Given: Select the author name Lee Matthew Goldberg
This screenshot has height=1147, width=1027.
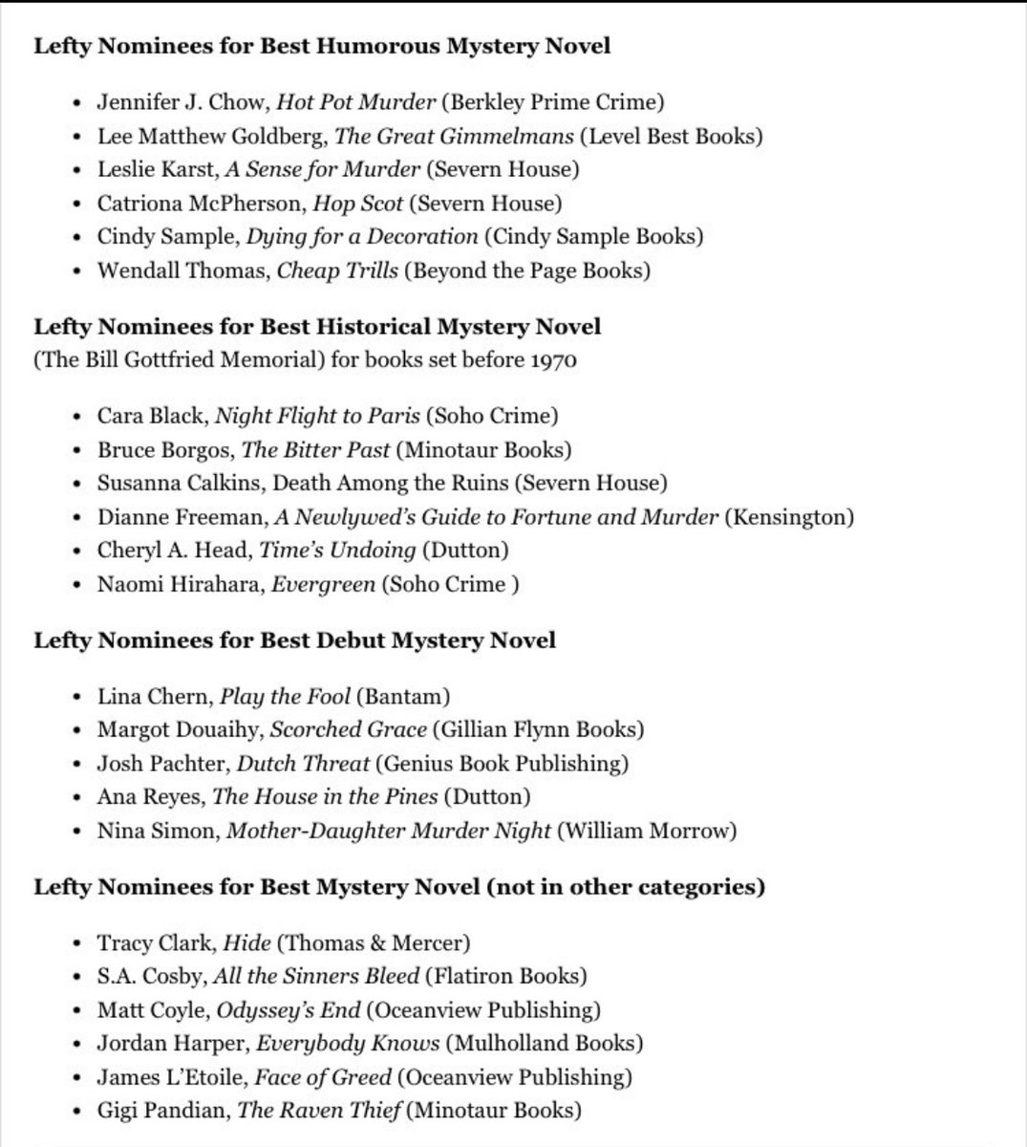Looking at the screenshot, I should [x=211, y=136].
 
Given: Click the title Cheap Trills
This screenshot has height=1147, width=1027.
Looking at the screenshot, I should [x=337, y=270].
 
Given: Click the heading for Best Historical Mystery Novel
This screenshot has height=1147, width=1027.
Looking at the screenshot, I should [x=317, y=327].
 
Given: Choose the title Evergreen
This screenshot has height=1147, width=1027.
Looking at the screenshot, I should [x=323, y=584].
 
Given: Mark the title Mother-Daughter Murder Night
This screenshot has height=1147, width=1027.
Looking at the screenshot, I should [x=388, y=831].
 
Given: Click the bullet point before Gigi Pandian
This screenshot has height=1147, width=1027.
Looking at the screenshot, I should [x=76, y=1111].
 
